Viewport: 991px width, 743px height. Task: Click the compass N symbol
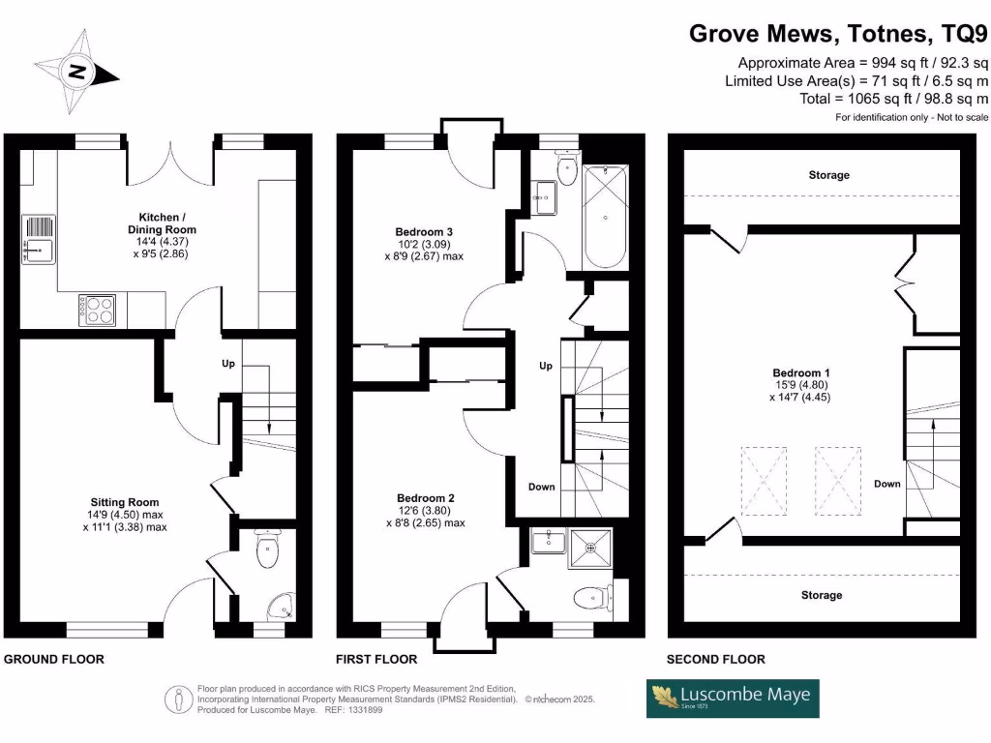coord(76,72)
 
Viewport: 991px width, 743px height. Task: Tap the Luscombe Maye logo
coord(733,698)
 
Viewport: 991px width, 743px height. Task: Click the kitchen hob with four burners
coord(98,311)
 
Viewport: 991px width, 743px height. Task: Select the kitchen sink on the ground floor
coord(39,240)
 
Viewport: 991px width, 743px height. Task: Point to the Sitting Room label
coord(125,502)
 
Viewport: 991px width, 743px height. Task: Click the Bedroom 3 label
coord(424,232)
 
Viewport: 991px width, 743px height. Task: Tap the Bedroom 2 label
coord(426,498)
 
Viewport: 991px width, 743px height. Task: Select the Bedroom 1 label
coord(801,372)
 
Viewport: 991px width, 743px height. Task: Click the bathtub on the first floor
coord(606,217)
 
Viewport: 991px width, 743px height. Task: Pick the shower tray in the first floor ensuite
coord(591,549)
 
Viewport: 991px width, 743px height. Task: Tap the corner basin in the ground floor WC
coord(282,608)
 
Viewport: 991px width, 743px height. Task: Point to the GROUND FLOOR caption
coord(54,659)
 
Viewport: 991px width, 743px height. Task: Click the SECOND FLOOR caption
coord(715,659)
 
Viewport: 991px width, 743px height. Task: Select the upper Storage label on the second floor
coord(828,175)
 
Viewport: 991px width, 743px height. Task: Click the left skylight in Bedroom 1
coord(765,481)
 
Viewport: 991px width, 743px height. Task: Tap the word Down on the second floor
coord(887,484)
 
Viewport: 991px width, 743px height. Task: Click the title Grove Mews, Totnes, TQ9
coord(838,33)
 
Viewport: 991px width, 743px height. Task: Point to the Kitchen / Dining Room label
coord(162,223)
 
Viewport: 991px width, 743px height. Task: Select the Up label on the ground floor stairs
coord(228,364)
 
